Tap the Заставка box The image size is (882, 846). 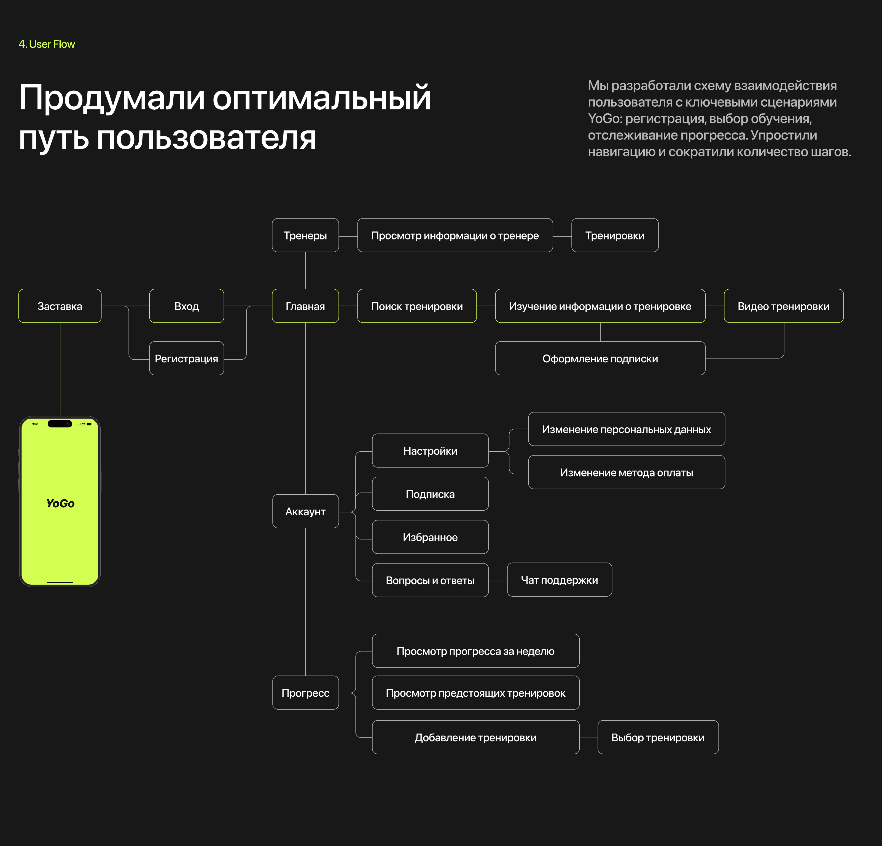coord(60,306)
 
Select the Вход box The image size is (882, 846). coord(186,306)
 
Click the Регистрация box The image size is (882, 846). coord(186,359)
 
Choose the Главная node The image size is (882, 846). coord(305,306)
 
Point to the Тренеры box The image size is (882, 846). coord(305,235)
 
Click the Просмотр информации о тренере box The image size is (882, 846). coord(455,235)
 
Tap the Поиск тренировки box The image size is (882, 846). coord(417,306)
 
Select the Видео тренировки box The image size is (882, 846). coord(783,306)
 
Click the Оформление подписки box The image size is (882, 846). coord(600,359)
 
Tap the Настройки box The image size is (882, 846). coord(430,451)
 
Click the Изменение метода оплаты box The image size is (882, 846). coord(626,473)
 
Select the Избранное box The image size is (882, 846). coord(430,537)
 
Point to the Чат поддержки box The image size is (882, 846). coord(559,580)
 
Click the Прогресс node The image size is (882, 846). coord(305,693)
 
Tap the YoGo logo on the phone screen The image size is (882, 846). coord(60,503)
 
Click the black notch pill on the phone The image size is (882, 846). coord(60,424)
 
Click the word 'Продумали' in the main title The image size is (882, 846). coord(112,98)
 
